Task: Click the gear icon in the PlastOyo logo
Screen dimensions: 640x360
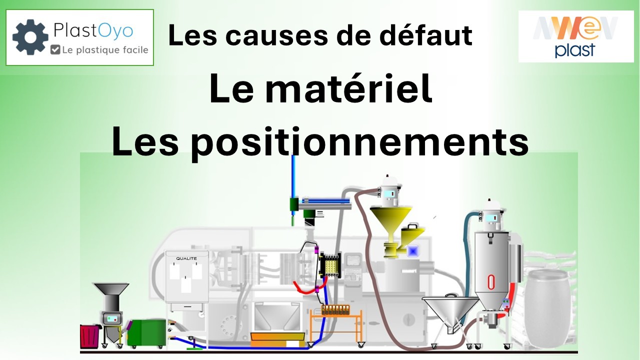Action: coord(30,37)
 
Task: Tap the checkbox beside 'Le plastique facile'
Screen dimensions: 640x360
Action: coord(55,49)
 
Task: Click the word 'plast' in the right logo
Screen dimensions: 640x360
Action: coord(575,50)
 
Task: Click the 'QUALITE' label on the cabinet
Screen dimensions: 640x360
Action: coord(186,258)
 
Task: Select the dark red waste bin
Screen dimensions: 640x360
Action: coord(89,336)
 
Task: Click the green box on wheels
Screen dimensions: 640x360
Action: coord(147,333)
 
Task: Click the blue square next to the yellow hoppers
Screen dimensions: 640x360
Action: coord(413,251)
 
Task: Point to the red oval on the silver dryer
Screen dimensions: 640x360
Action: coord(491,282)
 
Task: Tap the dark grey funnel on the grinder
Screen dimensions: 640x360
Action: coord(111,289)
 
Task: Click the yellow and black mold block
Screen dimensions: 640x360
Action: coord(330,265)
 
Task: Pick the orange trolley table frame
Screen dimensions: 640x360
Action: coord(336,327)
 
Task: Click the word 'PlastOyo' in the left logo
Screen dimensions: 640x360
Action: coord(93,30)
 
